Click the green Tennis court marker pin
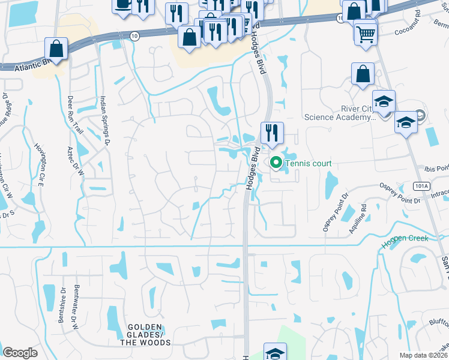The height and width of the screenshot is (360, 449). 276,163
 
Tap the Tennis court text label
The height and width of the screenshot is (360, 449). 308,163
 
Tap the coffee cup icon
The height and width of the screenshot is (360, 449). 123,5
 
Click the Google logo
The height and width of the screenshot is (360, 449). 20,353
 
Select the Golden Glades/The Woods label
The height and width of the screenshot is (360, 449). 145,338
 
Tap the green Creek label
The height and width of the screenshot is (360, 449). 405,238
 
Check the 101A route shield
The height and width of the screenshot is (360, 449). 421,186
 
